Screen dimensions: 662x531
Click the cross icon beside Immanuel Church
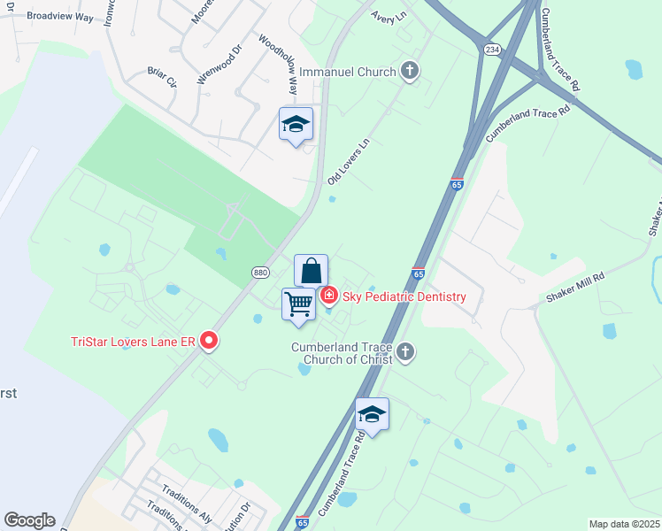tap(409, 71)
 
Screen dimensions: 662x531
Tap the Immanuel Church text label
tap(348, 71)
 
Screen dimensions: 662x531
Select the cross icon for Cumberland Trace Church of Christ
tap(405, 353)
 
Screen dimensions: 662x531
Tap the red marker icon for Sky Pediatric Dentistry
tap(328, 295)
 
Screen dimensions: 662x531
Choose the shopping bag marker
tap(312, 270)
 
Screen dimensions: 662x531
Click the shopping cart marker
tap(299, 304)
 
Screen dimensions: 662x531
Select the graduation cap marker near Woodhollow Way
tap(296, 125)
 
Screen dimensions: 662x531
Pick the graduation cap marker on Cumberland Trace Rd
tap(372, 414)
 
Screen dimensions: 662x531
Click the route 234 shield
tap(491, 50)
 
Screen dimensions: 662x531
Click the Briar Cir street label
tap(163, 78)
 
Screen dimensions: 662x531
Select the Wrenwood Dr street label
tap(218, 65)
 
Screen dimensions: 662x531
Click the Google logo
tap(29, 520)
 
